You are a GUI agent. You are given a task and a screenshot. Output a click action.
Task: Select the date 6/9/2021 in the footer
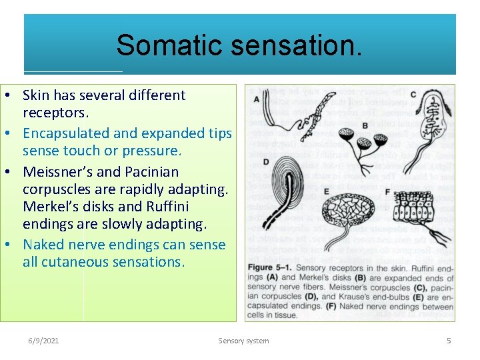[43, 341]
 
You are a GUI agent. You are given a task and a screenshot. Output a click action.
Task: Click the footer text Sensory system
[244, 341]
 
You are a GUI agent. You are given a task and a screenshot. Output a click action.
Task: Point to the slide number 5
[449, 341]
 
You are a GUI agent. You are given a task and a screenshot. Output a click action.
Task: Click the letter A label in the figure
[257, 99]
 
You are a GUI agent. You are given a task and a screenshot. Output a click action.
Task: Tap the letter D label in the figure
[265, 162]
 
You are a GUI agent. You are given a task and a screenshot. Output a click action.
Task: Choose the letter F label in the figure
[388, 192]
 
